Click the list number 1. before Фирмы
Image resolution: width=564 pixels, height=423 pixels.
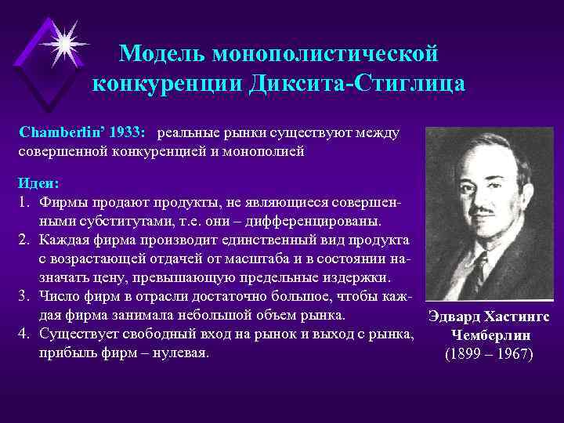coord(23,202)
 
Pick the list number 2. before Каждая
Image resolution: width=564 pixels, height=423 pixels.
coord(23,240)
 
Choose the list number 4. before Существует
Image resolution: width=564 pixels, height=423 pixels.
coord(23,334)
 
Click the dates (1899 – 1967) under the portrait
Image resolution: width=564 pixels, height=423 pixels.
coord(488,354)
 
